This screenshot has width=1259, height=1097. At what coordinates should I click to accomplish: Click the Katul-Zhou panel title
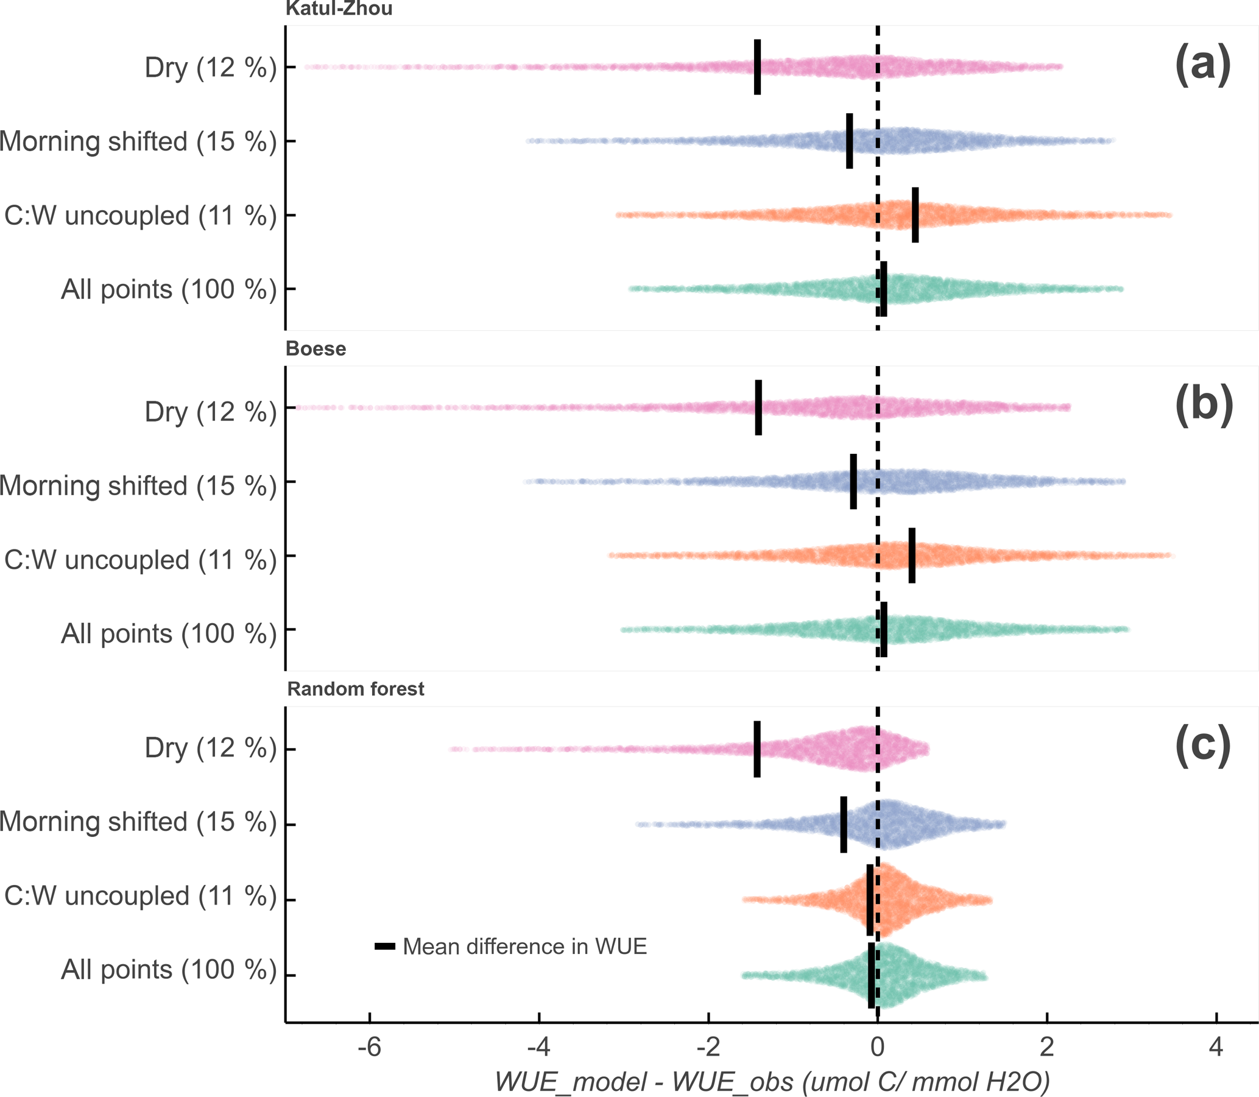[x=339, y=9]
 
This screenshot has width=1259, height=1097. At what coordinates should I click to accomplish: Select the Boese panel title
[x=316, y=349]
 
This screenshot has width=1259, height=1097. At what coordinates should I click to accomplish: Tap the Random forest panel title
[x=356, y=690]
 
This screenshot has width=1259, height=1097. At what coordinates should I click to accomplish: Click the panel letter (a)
[x=1202, y=66]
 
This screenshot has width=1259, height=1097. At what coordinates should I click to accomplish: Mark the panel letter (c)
[x=1202, y=747]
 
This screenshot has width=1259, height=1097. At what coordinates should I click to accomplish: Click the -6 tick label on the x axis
[x=369, y=1048]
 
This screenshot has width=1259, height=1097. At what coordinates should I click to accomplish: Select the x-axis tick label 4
[x=1216, y=1048]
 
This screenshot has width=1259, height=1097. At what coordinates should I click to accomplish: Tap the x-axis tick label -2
[x=708, y=1048]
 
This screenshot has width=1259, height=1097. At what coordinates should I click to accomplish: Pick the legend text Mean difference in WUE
[x=524, y=947]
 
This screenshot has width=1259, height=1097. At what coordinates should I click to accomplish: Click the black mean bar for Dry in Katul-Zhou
[x=757, y=67]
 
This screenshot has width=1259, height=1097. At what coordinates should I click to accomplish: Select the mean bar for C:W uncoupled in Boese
[x=912, y=556]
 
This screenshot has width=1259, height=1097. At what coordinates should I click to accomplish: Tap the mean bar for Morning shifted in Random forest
[x=844, y=824]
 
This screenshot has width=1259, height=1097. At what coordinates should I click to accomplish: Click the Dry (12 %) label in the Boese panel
[x=211, y=412]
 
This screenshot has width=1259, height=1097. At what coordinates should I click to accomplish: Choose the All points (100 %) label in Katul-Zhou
[x=169, y=289]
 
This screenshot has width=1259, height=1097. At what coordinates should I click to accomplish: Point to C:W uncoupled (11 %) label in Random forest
[x=140, y=896]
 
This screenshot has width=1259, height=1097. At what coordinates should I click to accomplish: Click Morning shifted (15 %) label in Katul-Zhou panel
[x=138, y=141]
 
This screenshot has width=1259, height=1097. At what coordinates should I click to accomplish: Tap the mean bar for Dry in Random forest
[x=757, y=749]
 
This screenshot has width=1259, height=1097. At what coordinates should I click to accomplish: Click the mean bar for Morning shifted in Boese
[x=853, y=481]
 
